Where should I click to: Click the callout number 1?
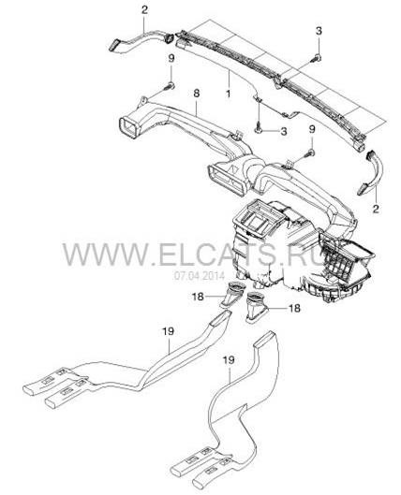pyautogui.click(x=228, y=94)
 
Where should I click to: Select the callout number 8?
pyautogui.click(x=197, y=94)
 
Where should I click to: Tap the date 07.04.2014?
pyautogui.click(x=199, y=276)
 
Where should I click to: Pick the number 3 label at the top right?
pyautogui.click(x=319, y=31)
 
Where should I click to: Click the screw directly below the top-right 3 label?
pyautogui.click(x=318, y=58)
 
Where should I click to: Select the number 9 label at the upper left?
pyautogui.click(x=171, y=59)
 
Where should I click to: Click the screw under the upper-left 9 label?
pyautogui.click(x=170, y=85)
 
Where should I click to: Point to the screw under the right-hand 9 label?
pyautogui.click(x=310, y=153)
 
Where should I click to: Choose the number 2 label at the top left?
pyautogui.click(x=144, y=9)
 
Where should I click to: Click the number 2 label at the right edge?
pyautogui.click(x=376, y=209)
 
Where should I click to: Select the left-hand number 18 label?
pyautogui.click(x=198, y=297)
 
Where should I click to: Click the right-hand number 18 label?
pyautogui.click(x=294, y=308)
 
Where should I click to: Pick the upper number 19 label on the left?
pyautogui.click(x=169, y=331)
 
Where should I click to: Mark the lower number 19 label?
pyautogui.click(x=229, y=360)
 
